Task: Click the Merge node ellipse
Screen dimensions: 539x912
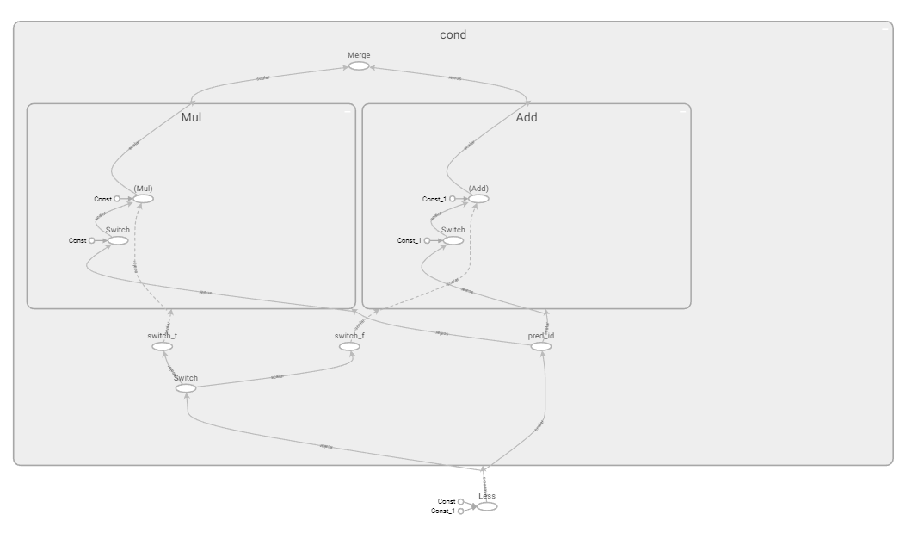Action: pos(359,65)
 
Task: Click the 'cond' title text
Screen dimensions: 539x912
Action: pos(453,35)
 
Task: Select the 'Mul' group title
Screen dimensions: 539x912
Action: pos(191,117)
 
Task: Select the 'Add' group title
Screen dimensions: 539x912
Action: pos(526,117)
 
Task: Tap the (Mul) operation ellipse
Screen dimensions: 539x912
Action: pos(143,199)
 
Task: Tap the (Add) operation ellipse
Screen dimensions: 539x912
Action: pos(478,199)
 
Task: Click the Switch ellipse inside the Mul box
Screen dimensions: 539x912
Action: pos(118,241)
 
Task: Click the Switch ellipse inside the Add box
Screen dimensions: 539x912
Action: pos(453,241)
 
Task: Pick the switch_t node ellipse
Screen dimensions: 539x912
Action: pos(163,346)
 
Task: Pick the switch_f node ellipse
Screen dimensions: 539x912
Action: pos(348,346)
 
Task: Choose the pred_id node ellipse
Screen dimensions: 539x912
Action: pos(540,346)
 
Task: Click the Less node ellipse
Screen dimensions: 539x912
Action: pos(487,506)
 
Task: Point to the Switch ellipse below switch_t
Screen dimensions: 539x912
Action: pos(186,388)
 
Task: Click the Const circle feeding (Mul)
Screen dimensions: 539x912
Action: pos(118,199)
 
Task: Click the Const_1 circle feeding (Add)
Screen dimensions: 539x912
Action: pos(453,199)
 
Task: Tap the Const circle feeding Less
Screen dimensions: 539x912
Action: pos(461,501)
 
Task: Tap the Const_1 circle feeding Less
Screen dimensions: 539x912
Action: pos(461,511)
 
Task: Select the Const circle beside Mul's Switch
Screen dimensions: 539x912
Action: pos(92,241)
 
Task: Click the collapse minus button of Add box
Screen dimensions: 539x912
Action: pos(682,111)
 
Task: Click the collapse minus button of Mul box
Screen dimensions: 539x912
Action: pos(347,111)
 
